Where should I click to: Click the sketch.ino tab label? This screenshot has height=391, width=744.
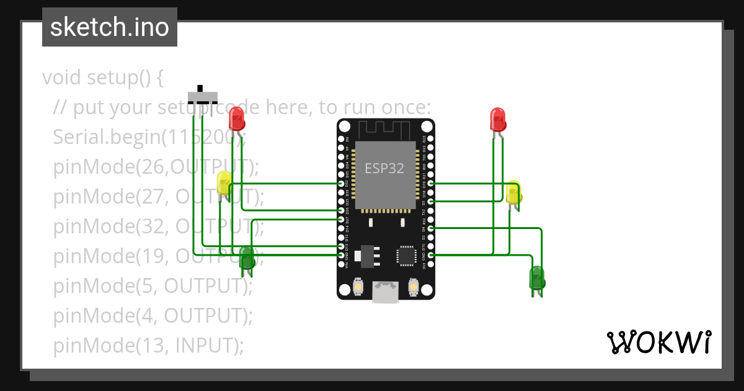click(109, 27)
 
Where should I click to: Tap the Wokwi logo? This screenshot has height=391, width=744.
click(658, 342)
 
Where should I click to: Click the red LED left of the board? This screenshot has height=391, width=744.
click(236, 118)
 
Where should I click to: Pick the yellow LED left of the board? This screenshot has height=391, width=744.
click(224, 183)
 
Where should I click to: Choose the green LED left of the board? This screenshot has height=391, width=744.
click(247, 256)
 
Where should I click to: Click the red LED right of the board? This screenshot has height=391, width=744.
click(498, 119)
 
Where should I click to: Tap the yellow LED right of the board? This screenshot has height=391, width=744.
click(513, 193)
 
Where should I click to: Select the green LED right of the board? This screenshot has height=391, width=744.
click(536, 277)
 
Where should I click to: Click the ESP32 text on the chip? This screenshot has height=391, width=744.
click(384, 168)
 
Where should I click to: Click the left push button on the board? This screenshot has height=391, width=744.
click(358, 288)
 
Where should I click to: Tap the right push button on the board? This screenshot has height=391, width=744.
click(413, 288)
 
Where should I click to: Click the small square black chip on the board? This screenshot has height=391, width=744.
click(406, 255)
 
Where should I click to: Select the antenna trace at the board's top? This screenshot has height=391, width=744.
click(385, 130)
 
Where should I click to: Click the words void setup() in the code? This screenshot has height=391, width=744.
click(102, 78)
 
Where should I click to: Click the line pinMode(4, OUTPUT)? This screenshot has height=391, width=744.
click(153, 316)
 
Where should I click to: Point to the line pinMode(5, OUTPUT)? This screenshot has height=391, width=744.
click(153, 286)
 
